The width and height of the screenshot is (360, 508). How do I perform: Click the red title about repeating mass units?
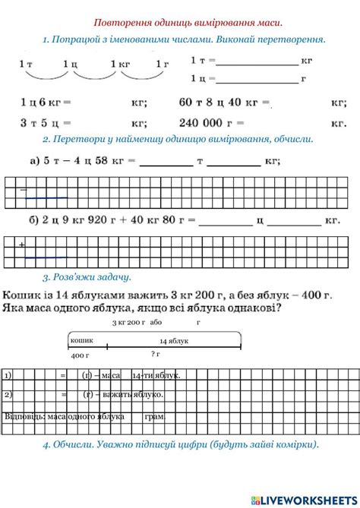click(188, 23)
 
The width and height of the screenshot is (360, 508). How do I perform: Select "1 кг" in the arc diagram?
click(119, 65)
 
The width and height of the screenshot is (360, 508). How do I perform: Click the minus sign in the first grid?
click(23, 189)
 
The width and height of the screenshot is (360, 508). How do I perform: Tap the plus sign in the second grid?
click(22, 245)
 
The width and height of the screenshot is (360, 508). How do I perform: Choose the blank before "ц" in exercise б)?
click(226, 221)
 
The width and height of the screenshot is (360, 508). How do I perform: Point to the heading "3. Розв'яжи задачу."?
click(87, 277)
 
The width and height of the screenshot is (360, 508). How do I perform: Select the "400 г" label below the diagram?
click(81, 355)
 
